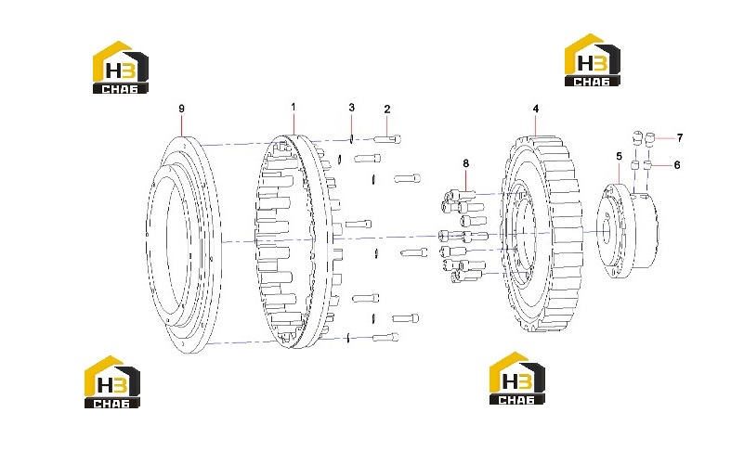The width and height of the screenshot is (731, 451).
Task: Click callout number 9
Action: pyautogui.click(x=181, y=109)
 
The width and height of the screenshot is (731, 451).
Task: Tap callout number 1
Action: pyautogui.click(x=294, y=107)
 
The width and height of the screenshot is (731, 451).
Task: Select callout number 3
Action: pyautogui.click(x=351, y=108)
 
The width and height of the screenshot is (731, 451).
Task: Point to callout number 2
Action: pyautogui.click(x=387, y=109)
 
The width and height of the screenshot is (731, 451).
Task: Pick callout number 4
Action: pyautogui.click(x=536, y=109)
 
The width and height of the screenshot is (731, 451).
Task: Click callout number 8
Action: pyautogui.click(x=465, y=163)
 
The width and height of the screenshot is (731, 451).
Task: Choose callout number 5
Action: pyautogui.click(x=620, y=156)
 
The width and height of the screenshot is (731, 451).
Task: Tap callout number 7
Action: pyautogui.click(x=680, y=138)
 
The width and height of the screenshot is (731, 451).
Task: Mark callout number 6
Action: pyautogui.click(x=677, y=165)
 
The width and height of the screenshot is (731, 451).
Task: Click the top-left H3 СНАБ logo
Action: pyautogui.click(x=120, y=68)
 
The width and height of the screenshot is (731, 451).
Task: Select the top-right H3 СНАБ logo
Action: pyautogui.click(x=592, y=60)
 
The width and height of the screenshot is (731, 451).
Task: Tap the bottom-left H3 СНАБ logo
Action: pyautogui.click(x=111, y=382)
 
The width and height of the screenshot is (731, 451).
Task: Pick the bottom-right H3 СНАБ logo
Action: pyautogui.click(x=517, y=379)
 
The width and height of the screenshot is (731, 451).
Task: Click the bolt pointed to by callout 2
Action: pyautogui.click(x=387, y=139)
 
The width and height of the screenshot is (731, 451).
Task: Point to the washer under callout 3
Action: pyautogui.click(x=351, y=138)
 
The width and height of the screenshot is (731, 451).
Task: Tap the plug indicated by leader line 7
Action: pyautogui.click(x=650, y=138)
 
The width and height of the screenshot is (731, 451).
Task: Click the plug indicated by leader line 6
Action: pyautogui.click(x=648, y=165)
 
